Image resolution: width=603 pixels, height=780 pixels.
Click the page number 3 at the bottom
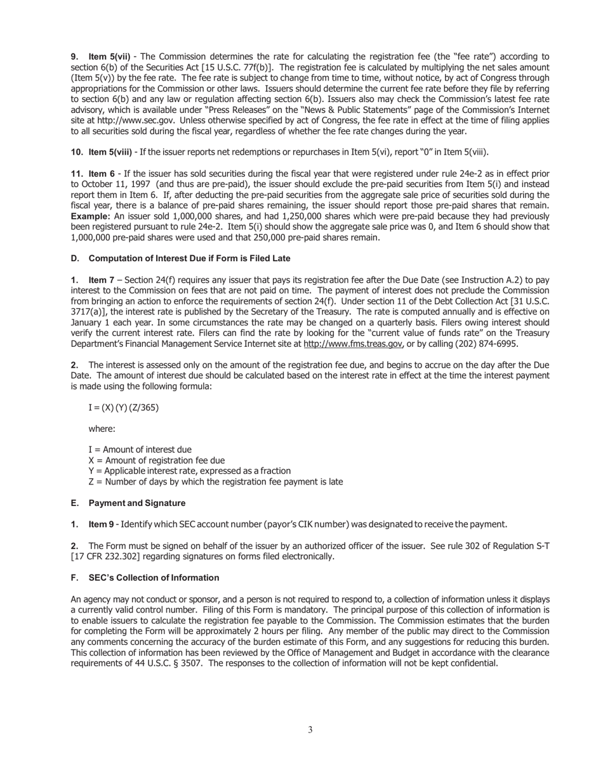[x=310, y=730]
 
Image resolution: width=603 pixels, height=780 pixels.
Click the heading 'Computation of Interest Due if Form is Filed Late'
[x=189, y=258]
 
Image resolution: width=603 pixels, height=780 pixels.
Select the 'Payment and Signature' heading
[x=136, y=503]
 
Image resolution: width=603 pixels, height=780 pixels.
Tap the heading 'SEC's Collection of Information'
[x=154, y=578]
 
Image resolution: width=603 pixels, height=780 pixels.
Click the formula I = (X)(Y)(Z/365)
[x=123, y=407]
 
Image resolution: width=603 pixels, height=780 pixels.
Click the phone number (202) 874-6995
[x=477, y=344]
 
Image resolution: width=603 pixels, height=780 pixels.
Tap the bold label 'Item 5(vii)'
[x=109, y=56]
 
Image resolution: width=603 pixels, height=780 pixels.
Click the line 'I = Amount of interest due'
[x=140, y=450]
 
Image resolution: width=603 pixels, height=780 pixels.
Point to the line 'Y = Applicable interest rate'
[x=189, y=471]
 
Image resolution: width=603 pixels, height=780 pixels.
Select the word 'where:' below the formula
[x=102, y=429]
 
